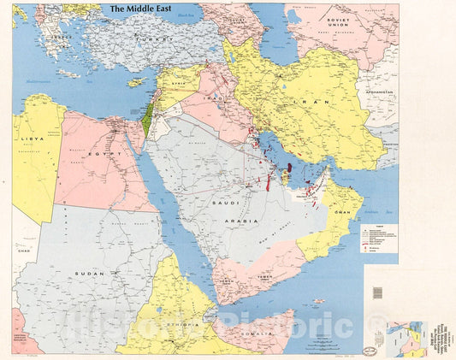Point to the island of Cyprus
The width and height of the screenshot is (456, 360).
pos(134,83)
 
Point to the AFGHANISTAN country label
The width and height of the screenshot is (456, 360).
pos(376,91)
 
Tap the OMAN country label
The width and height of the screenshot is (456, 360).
pos(342,213)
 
